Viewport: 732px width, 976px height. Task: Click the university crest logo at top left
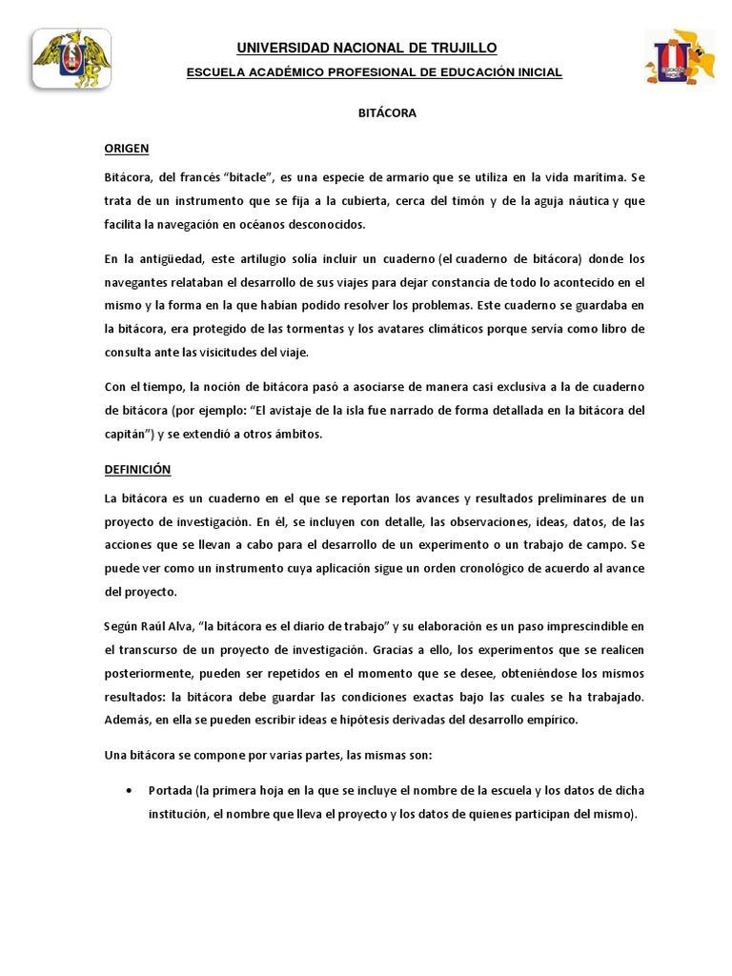click(x=71, y=59)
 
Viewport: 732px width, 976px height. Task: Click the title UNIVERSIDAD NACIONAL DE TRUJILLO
click(x=367, y=49)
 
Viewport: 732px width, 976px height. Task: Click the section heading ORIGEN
click(x=127, y=148)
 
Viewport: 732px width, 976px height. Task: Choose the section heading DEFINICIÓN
click(x=137, y=470)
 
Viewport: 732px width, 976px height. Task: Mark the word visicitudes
click(x=259, y=352)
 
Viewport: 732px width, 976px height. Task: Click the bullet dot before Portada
click(x=128, y=791)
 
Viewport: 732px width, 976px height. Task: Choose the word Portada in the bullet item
click(x=170, y=791)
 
